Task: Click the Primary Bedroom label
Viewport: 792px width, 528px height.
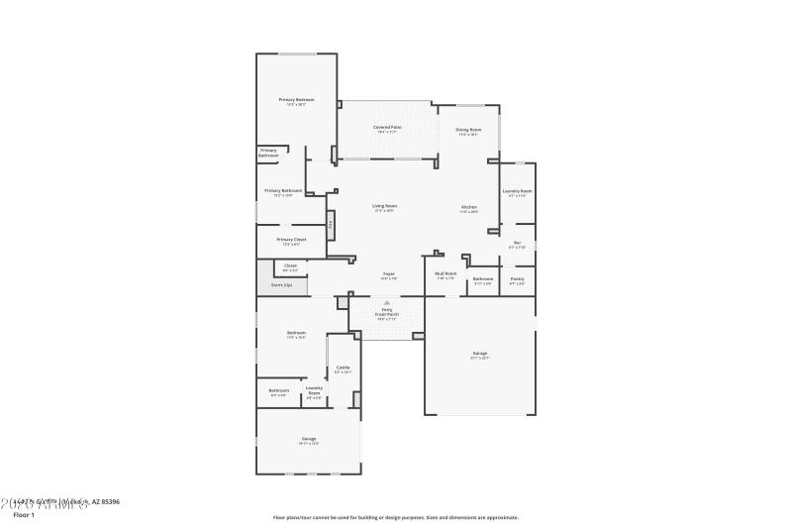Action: [296, 100]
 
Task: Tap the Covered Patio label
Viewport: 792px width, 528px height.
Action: [387, 128]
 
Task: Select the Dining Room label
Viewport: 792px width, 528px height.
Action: [468, 130]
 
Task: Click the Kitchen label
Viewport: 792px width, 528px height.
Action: [468, 207]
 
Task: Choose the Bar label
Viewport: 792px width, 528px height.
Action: [516, 243]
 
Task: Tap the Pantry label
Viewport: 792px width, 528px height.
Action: [517, 278]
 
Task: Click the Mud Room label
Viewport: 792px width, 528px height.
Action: [446, 273]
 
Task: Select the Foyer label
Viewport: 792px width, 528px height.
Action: [389, 274]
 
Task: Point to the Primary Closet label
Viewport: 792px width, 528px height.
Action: [291, 240]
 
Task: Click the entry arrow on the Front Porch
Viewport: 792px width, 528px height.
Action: [387, 302]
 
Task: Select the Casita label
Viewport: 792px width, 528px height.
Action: [343, 368]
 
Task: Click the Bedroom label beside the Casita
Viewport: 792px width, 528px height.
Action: [296, 333]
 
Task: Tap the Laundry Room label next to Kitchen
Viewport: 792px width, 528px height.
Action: [518, 191]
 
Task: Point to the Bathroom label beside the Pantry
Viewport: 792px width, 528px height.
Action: [482, 278]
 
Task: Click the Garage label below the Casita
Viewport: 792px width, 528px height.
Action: [308, 438]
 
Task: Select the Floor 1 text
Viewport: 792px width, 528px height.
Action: [24, 515]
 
